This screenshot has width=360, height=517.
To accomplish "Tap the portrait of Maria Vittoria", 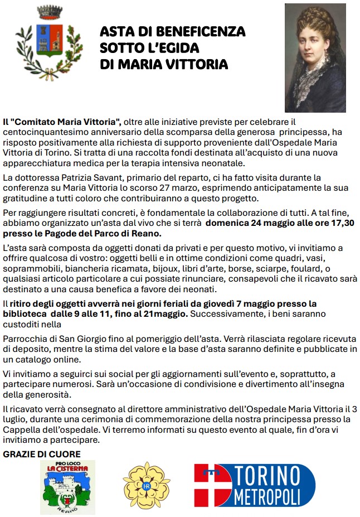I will (315, 57).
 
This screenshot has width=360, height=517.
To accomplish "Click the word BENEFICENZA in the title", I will (201, 31).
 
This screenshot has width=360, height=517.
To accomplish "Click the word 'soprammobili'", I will (29, 269).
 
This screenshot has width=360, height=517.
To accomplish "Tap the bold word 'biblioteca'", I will (26, 314).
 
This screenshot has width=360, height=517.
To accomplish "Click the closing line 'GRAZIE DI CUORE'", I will (42, 455).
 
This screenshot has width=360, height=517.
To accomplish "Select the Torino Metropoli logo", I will (247, 485).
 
